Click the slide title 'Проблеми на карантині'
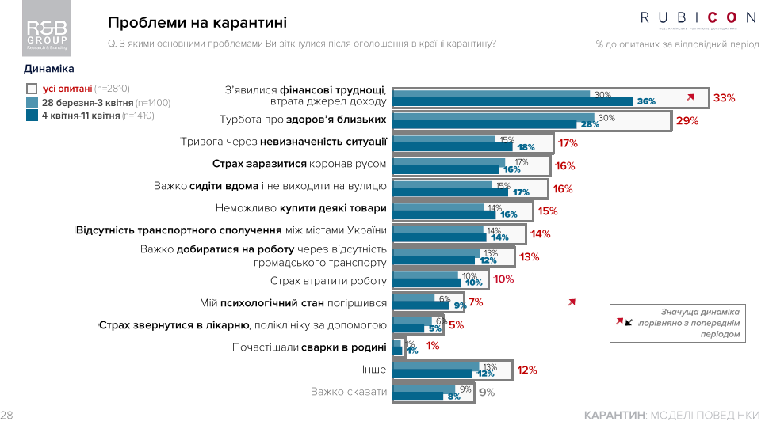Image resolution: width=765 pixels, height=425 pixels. tap(197, 22)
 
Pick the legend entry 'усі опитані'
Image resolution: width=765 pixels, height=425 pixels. tap(78, 89)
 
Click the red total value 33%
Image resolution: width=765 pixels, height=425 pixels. tap(724, 98)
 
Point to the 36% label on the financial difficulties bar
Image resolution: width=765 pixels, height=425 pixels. tap(646, 101)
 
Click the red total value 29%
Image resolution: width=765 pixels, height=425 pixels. tap(687, 121)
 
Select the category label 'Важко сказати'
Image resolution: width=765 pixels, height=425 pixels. tap(349, 392)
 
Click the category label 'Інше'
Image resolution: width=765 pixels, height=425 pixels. tap(373, 370)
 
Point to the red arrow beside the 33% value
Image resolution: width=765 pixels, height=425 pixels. tap(690, 97)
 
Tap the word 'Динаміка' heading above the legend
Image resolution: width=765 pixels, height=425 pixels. tap(49, 69)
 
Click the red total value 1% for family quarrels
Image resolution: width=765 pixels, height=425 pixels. tap(433, 346)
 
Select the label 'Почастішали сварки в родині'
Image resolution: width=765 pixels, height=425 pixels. tap(309, 347)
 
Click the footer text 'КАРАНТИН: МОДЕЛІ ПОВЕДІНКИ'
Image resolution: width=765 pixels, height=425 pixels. tap(671, 415)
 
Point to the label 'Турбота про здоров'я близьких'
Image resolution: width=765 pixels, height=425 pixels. tap(303, 120)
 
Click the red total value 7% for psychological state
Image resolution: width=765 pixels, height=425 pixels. tap(476, 302)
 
